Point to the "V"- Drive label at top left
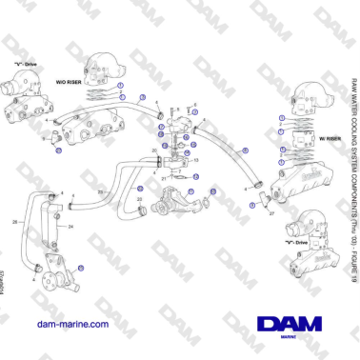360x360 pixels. tap(25, 64)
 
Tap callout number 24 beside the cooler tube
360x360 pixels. tap(70, 228)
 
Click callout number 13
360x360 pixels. tap(196, 161)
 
